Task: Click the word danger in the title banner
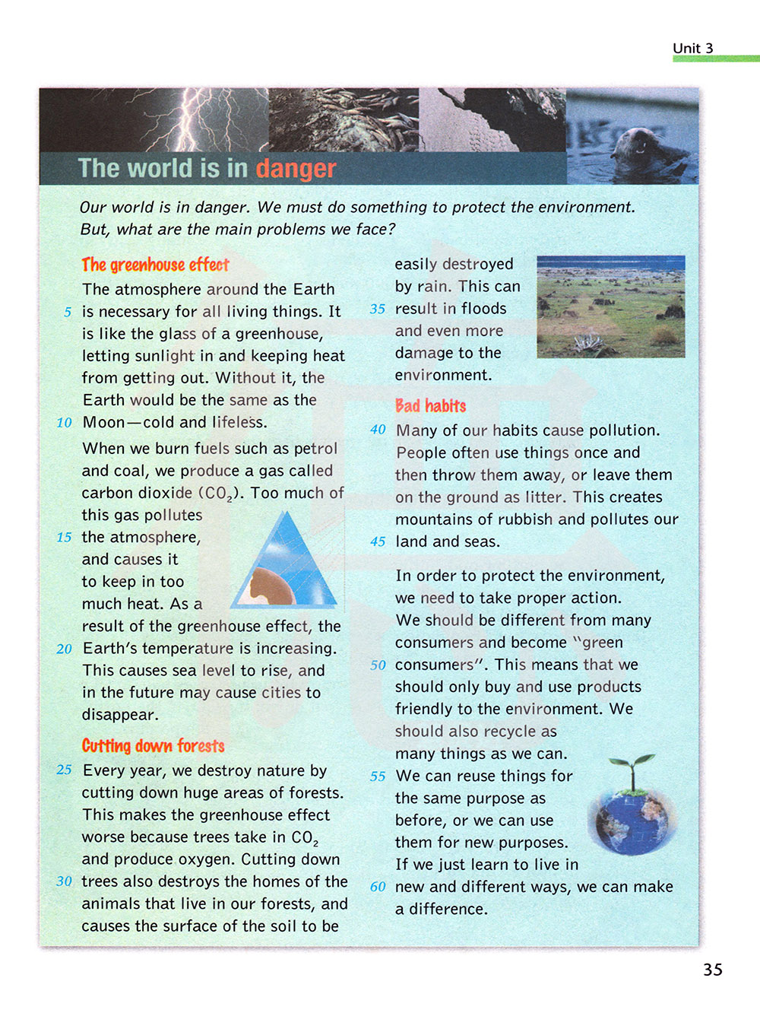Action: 296,168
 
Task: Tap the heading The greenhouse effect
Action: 155,265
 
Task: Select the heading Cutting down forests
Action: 153,745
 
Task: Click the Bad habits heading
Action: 430,405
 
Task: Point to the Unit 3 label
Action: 692,48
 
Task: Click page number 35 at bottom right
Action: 712,970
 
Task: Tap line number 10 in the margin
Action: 64,423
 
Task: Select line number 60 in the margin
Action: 378,887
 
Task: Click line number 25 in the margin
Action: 64,770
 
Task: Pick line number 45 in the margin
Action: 378,542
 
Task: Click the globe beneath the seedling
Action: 632,821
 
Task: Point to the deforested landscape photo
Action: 610,306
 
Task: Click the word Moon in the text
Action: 103,423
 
